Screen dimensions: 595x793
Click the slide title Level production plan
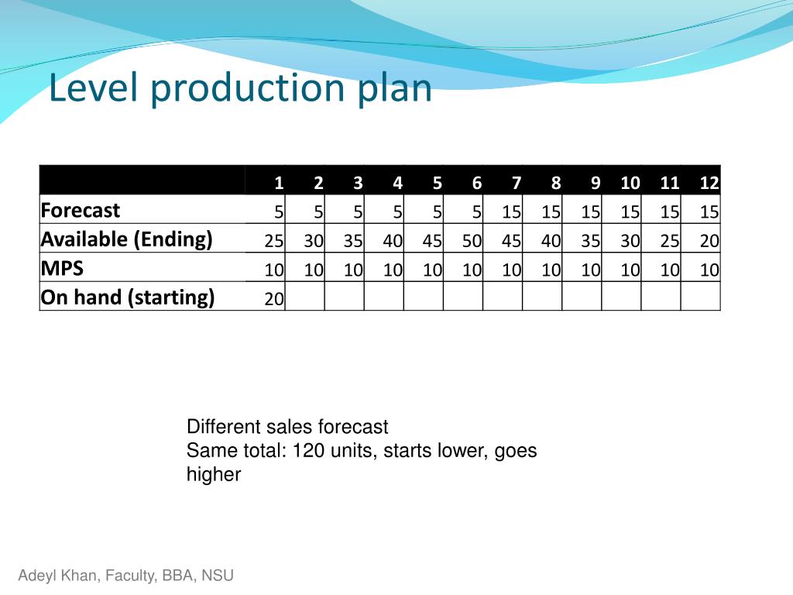pyautogui.click(x=240, y=88)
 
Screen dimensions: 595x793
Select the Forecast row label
pyautogui.click(x=81, y=211)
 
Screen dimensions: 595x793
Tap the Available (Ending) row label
pyautogui.click(x=126, y=239)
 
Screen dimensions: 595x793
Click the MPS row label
pyautogui.click(x=62, y=269)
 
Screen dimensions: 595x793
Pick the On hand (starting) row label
pyautogui.click(x=127, y=297)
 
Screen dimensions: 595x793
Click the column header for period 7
pyautogui.click(x=516, y=183)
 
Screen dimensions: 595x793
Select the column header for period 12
pyautogui.click(x=709, y=183)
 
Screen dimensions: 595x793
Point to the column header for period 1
pyautogui.click(x=277, y=183)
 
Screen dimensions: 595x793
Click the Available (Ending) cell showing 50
pyautogui.click(x=472, y=241)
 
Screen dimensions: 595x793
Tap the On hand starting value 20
pyautogui.click(x=274, y=299)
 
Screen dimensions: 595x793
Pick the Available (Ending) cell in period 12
pyautogui.click(x=709, y=241)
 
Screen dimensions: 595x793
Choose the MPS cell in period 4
pyautogui.click(x=393, y=270)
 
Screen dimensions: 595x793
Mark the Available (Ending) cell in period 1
pyautogui.click(x=273, y=241)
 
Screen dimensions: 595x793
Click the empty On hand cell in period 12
pyautogui.click(x=701, y=297)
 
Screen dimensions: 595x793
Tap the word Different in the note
pyautogui.click(x=219, y=427)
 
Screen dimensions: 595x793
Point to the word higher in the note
pyautogui.click(x=214, y=474)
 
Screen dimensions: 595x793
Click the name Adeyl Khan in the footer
pyautogui.click(x=50, y=576)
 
